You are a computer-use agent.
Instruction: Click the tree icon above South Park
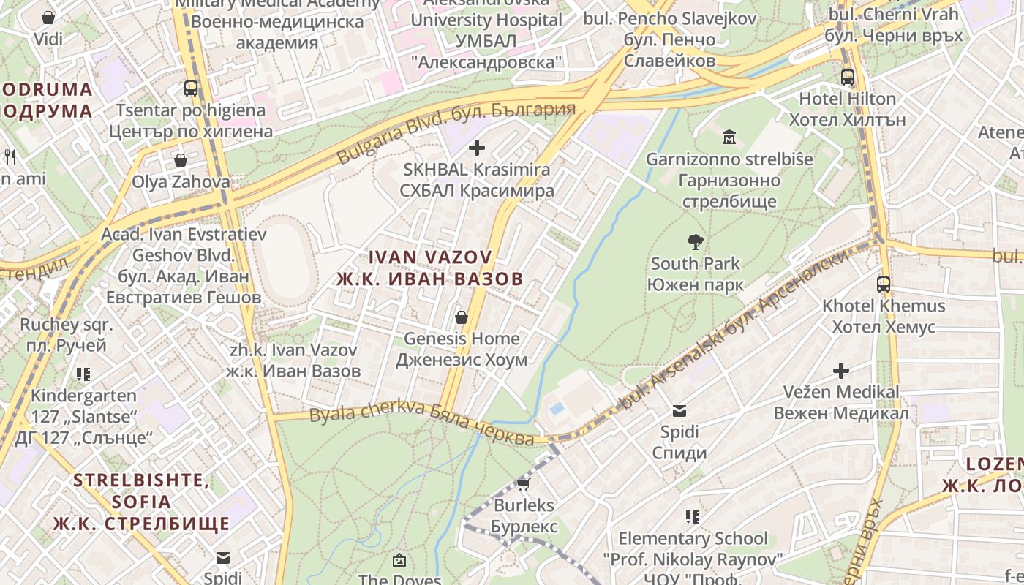point(695,241)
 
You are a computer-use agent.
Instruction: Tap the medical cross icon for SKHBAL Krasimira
point(477,148)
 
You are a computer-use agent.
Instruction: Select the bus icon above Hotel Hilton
point(848,77)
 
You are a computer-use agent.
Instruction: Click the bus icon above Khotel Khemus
point(884,284)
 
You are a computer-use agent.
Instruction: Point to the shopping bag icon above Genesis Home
point(462,317)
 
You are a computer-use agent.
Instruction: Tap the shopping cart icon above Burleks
point(523,483)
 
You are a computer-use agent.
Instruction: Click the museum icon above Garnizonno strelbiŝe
point(729,137)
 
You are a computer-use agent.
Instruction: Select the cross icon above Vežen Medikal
point(841,371)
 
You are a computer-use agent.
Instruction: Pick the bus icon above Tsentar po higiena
point(191,88)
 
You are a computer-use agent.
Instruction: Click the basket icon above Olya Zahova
point(181,159)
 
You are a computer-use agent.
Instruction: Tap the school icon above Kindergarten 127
point(83,374)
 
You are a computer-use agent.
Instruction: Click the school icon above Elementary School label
point(693,517)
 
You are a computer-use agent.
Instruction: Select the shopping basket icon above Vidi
point(48,18)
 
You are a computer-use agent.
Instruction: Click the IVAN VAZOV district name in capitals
point(430,268)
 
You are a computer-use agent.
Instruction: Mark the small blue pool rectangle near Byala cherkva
point(557,408)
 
